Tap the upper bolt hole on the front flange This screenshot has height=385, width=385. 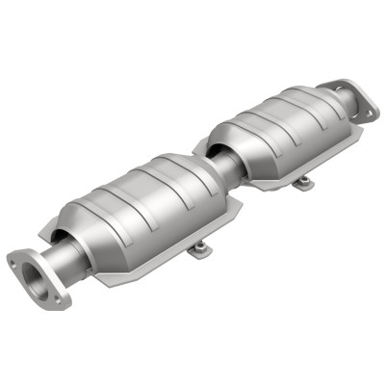[x=18, y=258]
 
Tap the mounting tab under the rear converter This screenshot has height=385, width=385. [x=303, y=181]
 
